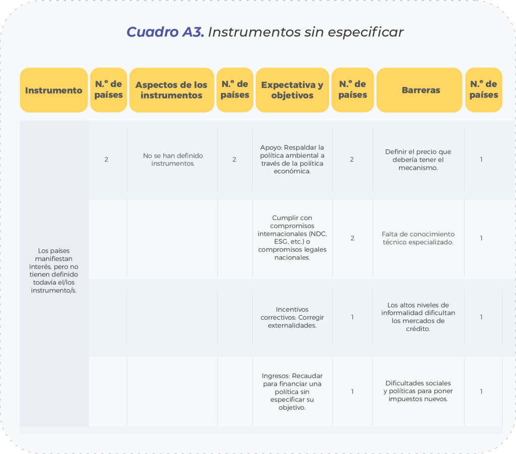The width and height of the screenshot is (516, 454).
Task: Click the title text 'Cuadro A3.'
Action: [x=165, y=32]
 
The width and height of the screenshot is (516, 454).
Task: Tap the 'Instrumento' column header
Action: [x=53, y=90]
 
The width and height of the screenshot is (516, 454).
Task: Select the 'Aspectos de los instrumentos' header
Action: [x=171, y=90]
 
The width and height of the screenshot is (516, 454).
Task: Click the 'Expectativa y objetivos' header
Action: [x=292, y=90]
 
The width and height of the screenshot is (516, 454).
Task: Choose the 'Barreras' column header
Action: [x=421, y=90]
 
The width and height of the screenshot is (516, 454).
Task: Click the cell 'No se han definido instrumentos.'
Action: [x=173, y=159]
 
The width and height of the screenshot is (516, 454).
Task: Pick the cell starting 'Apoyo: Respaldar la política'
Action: [x=292, y=159]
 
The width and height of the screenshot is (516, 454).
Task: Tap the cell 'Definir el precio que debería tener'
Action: [x=418, y=159]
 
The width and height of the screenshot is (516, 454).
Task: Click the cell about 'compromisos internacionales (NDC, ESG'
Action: [x=292, y=238]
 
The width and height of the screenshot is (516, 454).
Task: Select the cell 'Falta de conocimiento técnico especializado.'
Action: [x=418, y=238]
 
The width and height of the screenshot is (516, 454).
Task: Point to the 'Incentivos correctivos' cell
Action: [x=292, y=317]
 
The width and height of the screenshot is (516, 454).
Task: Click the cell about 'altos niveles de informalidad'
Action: [x=418, y=317]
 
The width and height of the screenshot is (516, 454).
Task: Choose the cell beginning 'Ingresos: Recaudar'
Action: [x=292, y=391]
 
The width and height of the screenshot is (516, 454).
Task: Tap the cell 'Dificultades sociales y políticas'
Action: [x=418, y=391]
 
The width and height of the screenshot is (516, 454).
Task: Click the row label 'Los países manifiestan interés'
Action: [x=53, y=270]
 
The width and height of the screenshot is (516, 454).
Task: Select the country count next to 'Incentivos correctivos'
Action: [x=352, y=317]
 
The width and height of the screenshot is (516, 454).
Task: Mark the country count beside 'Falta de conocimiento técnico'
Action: [x=481, y=238]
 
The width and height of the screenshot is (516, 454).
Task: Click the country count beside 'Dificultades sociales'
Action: [x=481, y=391]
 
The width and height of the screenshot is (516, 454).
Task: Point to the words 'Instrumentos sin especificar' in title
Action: [x=306, y=32]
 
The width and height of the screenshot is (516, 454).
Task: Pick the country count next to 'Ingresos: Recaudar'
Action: [x=352, y=391]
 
